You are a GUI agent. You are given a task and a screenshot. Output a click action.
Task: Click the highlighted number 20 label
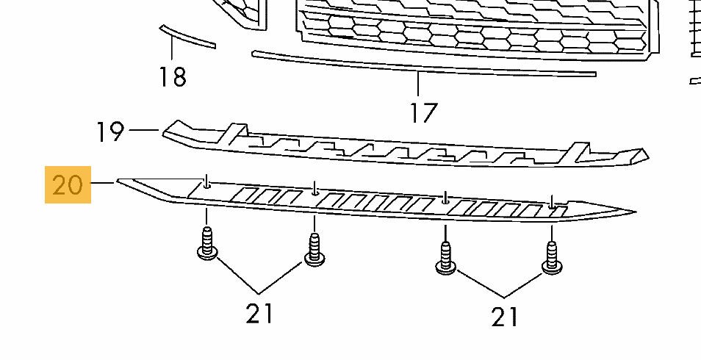pyautogui.click(x=68, y=184)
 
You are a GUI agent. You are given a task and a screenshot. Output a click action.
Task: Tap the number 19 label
pyautogui.click(x=110, y=132)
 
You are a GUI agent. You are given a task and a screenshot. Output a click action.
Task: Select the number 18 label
pyautogui.click(x=173, y=76)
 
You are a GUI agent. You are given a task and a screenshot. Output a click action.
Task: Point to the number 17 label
pyautogui.click(x=424, y=112)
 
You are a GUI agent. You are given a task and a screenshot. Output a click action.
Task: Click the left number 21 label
pyautogui.click(x=259, y=314)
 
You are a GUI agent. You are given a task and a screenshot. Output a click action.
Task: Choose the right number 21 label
pyautogui.click(x=504, y=317)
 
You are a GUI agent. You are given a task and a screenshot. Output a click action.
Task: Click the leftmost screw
pyautogui.click(x=208, y=245)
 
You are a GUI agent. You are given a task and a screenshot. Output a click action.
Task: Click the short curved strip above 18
pyautogui.click(x=187, y=36)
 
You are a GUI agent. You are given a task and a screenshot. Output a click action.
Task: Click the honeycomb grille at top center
pyautogui.click(x=470, y=29)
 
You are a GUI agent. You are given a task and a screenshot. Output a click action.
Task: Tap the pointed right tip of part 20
pyautogui.click(x=632, y=212)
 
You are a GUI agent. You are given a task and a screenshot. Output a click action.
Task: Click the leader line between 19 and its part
pyautogui.click(x=143, y=132)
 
